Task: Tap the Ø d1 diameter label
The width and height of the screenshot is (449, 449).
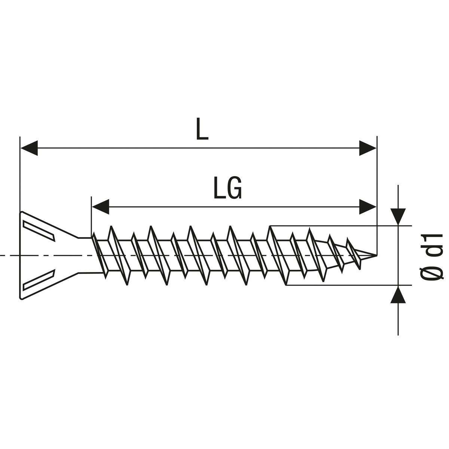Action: tap(431, 256)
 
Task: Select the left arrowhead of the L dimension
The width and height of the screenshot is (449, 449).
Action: tap(29, 148)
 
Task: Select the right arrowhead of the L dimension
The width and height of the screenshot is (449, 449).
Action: tap(367, 148)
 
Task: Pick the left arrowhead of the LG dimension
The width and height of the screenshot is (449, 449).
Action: tap(100, 207)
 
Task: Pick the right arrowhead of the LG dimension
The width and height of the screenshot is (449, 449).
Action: tap(367, 207)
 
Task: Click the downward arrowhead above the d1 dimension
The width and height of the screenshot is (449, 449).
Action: tap(398, 216)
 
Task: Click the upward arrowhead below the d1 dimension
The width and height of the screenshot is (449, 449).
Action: tap(398, 294)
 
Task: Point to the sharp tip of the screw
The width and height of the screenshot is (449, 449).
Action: tap(375, 255)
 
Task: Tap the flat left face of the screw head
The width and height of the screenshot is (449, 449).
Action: tap(20, 255)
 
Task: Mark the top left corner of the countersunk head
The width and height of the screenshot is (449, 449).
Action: tap(20, 212)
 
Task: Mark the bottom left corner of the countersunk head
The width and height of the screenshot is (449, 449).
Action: tap(21, 299)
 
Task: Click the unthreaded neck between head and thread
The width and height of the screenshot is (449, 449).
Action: tap(85, 255)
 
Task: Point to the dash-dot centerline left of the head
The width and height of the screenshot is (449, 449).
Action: tap(9, 256)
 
